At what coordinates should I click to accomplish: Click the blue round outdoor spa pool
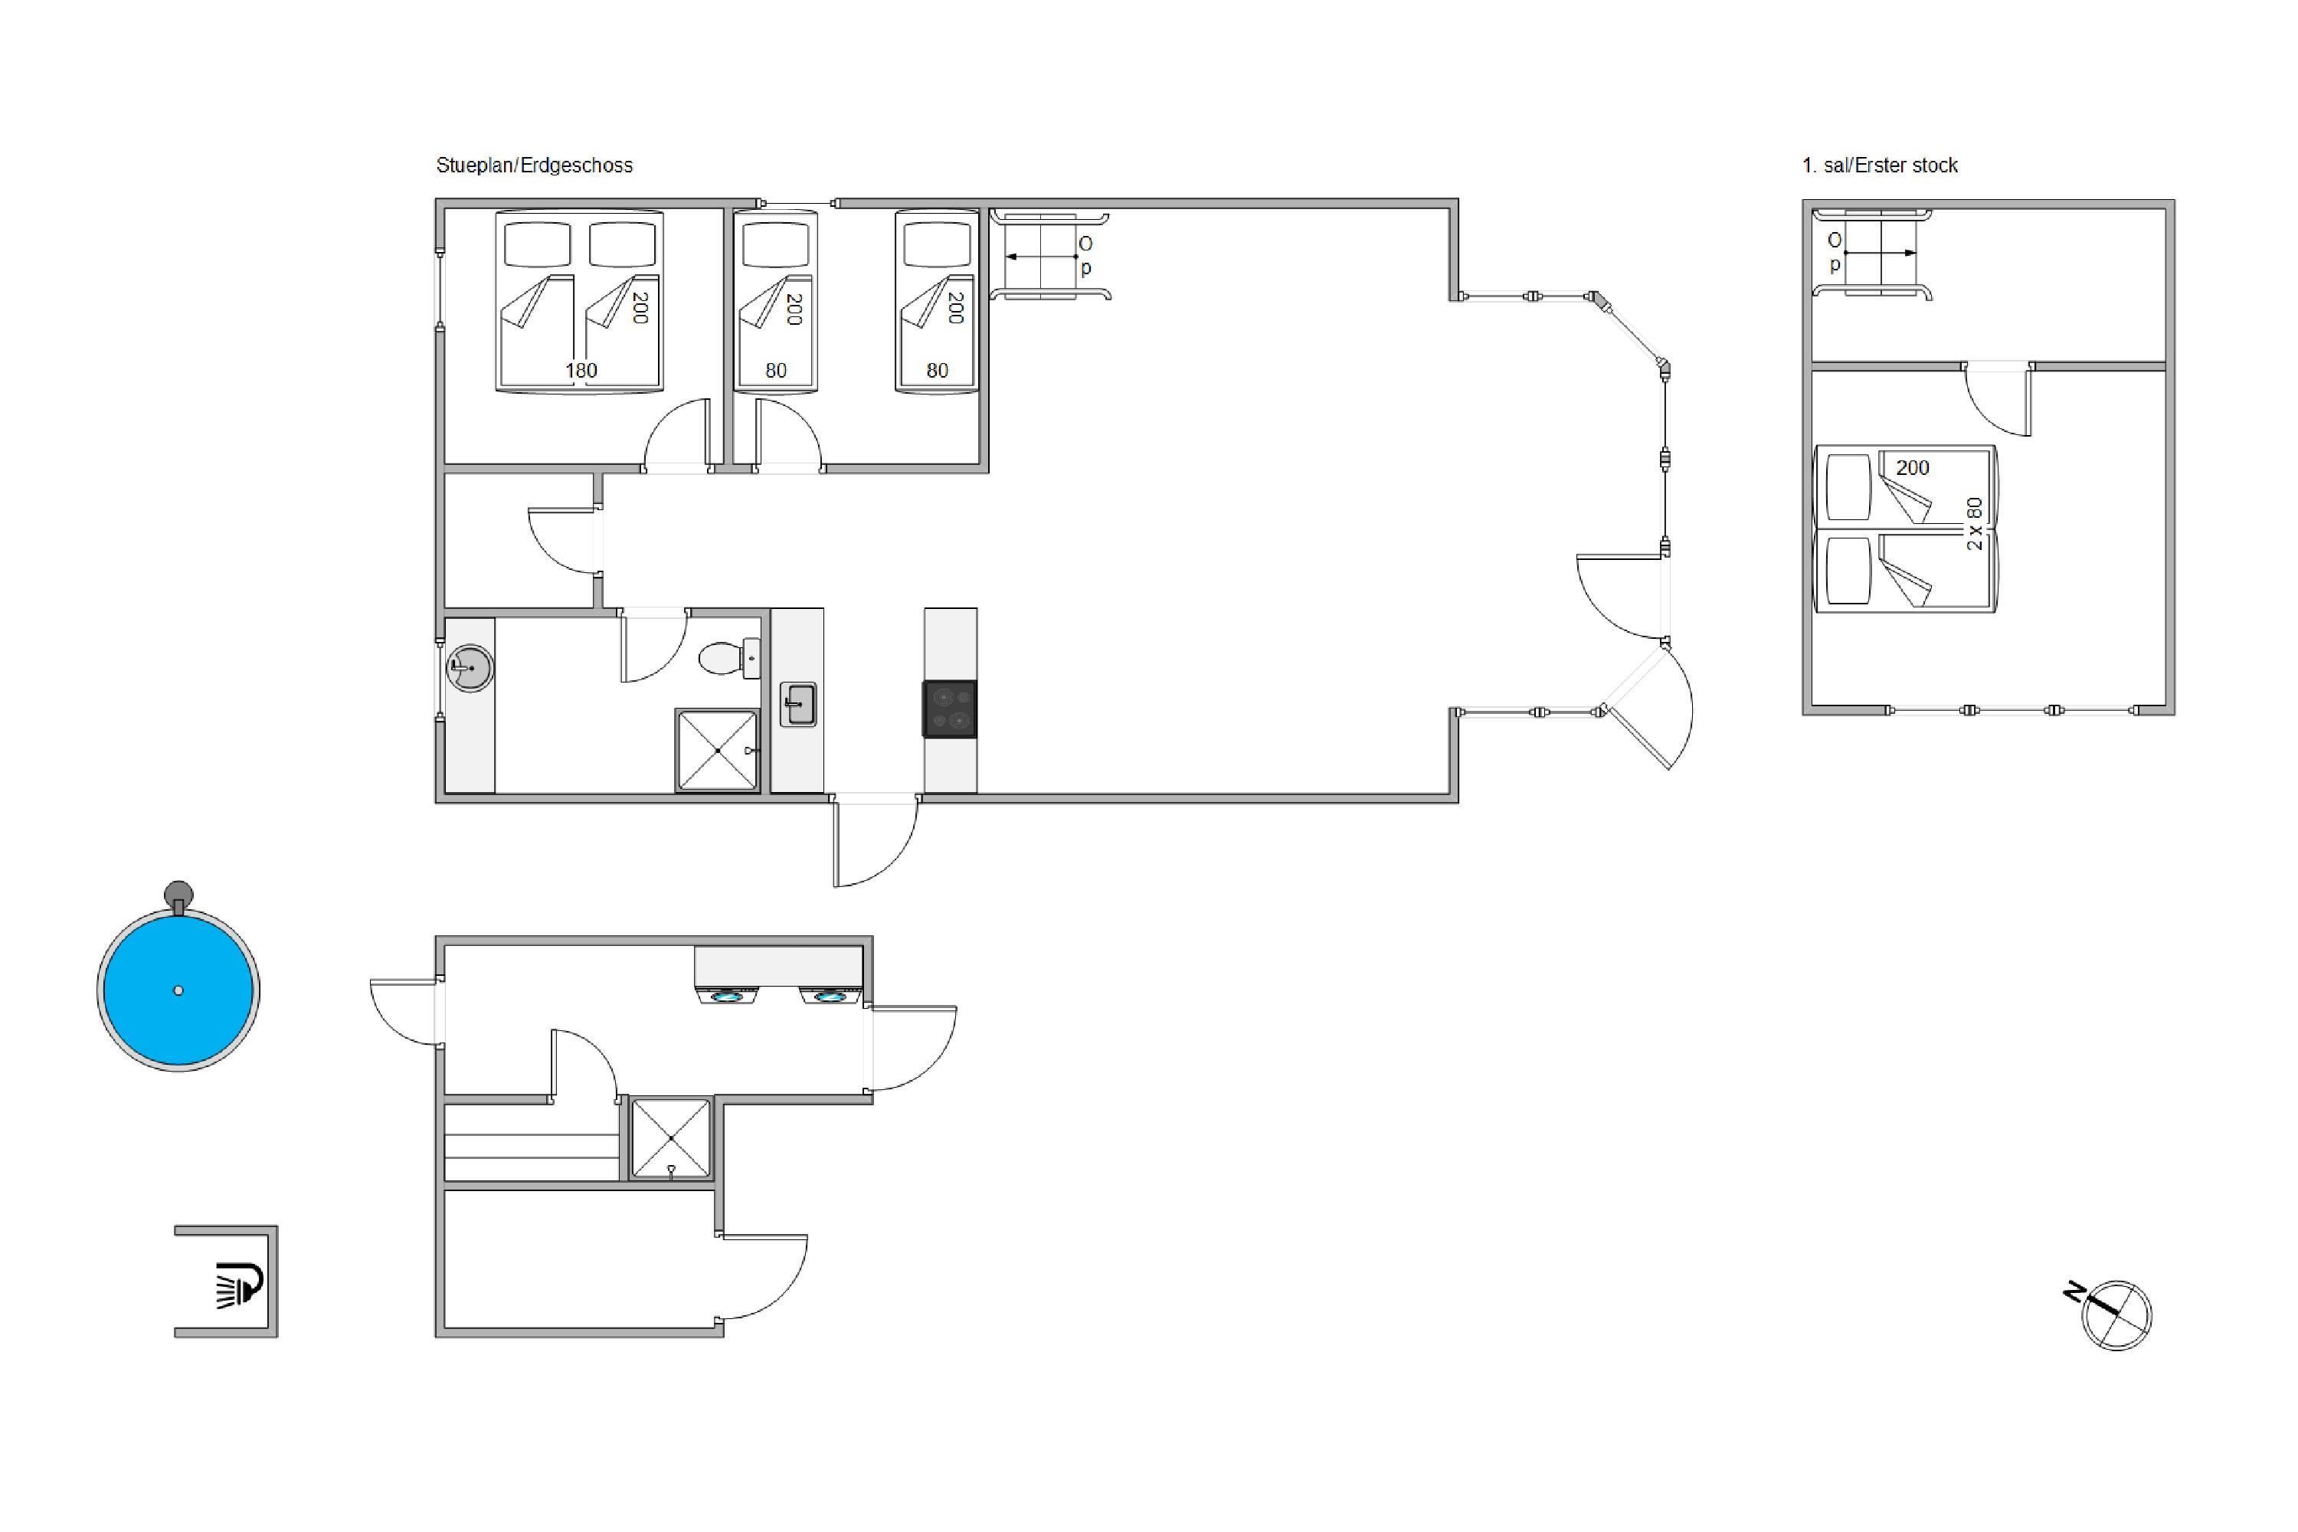pyautogui.click(x=178, y=990)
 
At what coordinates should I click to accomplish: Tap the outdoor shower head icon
pyautogui.click(x=239, y=1284)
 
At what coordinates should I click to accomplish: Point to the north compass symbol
pyautogui.click(x=2115, y=1314)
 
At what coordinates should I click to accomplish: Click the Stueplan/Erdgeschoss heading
pyautogui.click(x=535, y=165)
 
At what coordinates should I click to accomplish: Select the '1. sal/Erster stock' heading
pyautogui.click(x=1880, y=165)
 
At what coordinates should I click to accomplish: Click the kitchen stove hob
pyautogui.click(x=950, y=709)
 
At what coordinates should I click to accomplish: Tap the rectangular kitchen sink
pyautogui.click(x=798, y=703)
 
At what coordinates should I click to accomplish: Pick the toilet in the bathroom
pyautogui.click(x=730, y=657)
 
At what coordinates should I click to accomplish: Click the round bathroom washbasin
pyautogui.click(x=470, y=668)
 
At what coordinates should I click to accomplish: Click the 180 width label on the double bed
pyautogui.click(x=581, y=370)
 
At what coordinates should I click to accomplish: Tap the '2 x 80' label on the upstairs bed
pyautogui.click(x=1975, y=524)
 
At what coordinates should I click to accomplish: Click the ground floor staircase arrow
pyautogui.click(x=1042, y=257)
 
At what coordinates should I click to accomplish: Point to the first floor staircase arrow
pyautogui.click(x=1880, y=253)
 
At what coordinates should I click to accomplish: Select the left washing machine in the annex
pyautogui.click(x=726, y=996)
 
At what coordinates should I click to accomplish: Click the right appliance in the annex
pyautogui.click(x=830, y=996)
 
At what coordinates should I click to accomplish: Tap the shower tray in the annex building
pyautogui.click(x=671, y=1138)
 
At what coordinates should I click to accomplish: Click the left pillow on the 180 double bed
pyautogui.click(x=538, y=244)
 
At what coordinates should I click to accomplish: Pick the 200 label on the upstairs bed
pyautogui.click(x=1913, y=468)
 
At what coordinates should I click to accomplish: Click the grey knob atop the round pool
pyautogui.click(x=178, y=893)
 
